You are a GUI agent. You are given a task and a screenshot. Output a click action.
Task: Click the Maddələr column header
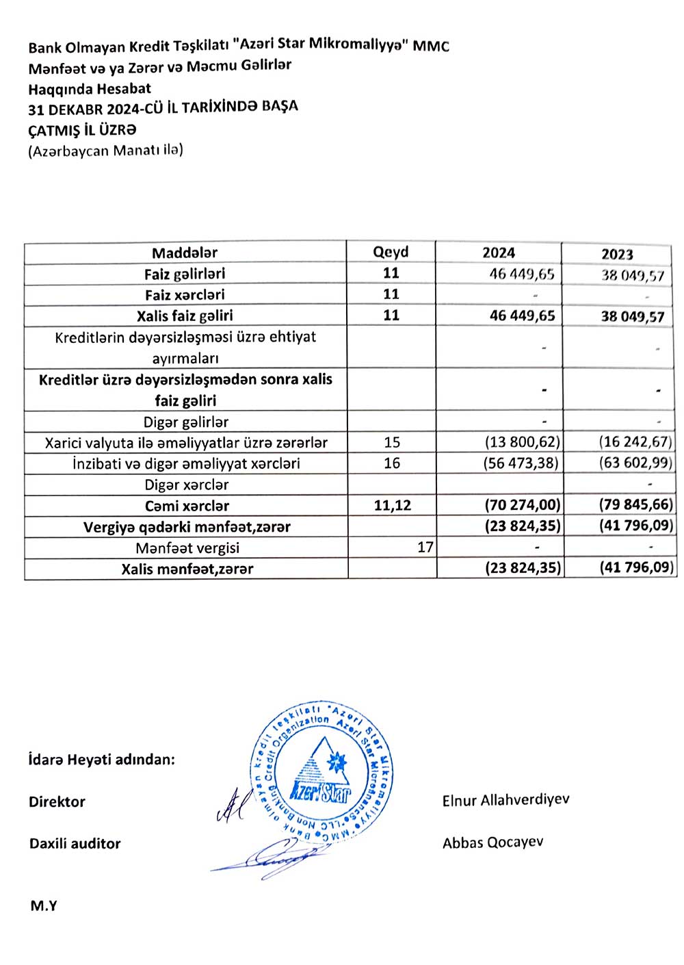[x=185, y=253]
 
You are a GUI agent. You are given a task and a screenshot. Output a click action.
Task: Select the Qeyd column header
[x=391, y=252]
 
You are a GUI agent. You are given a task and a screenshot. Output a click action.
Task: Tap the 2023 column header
[x=617, y=255]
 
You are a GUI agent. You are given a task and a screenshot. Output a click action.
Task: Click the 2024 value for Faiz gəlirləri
[x=522, y=274]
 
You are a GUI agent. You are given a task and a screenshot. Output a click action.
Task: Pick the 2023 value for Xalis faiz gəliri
[x=633, y=317]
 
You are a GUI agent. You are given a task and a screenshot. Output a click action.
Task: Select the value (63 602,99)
[x=635, y=463]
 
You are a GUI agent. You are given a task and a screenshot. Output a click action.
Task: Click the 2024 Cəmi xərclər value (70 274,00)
[x=523, y=506]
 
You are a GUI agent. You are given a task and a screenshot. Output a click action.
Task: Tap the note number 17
[x=425, y=548]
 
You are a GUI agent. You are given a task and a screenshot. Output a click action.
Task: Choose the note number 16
[x=392, y=463]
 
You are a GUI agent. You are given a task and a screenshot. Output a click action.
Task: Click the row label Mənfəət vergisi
[x=187, y=548]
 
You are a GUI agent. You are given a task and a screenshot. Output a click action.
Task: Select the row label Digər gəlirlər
[x=186, y=422]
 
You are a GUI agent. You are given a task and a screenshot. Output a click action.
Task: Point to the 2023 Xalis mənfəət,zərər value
[x=636, y=568]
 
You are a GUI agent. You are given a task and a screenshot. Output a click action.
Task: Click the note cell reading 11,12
[x=393, y=506]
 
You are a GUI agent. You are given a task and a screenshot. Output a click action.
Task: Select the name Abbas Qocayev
[x=492, y=842]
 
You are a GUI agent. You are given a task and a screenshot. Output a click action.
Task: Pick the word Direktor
[x=57, y=802]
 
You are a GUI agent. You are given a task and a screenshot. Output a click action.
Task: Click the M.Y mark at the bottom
[x=44, y=906]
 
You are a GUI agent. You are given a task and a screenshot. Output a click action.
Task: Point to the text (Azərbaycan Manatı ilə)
[x=105, y=151]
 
